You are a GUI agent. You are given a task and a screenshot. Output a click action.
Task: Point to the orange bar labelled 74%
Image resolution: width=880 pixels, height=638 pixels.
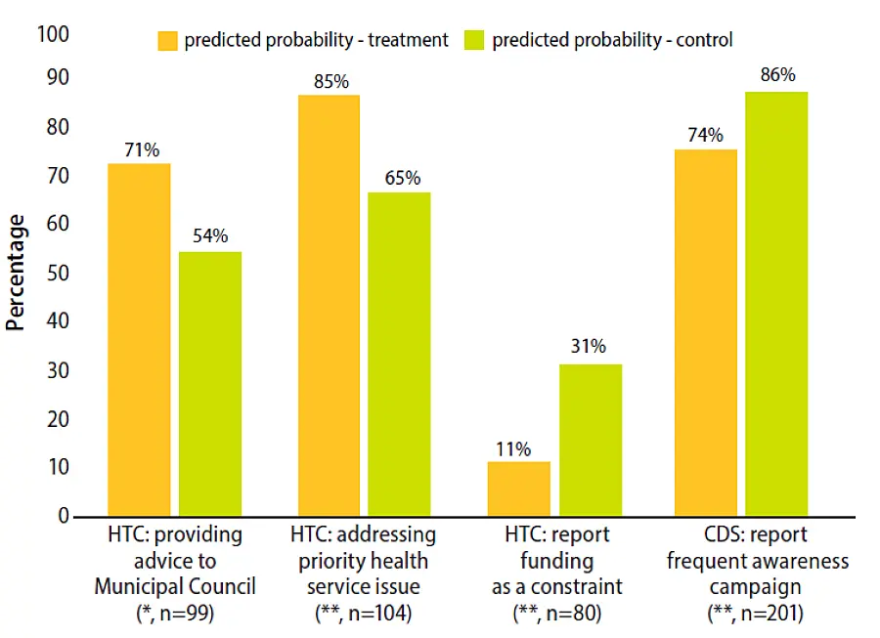706,332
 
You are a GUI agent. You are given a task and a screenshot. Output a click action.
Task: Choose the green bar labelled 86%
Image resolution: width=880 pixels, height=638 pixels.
776,303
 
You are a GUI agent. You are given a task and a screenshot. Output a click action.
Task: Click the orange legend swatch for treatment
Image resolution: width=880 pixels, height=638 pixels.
168,40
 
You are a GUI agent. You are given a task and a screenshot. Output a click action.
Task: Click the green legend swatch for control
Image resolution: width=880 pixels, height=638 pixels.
476,40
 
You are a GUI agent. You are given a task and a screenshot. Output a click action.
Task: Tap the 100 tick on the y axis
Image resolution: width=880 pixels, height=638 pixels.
54,34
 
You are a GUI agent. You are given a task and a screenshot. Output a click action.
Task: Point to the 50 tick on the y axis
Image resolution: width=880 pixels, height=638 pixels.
60,274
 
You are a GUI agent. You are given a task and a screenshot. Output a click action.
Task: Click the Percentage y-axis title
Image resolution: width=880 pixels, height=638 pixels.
16,274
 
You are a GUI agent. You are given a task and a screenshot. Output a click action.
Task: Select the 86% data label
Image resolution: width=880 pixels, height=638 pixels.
777,74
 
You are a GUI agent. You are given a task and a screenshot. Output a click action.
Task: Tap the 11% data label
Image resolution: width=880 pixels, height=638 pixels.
512,448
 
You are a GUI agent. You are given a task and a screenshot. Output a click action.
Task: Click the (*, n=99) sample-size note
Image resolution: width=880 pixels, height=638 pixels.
175,613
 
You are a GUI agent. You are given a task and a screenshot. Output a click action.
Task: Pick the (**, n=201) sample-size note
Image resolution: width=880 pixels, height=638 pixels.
757,613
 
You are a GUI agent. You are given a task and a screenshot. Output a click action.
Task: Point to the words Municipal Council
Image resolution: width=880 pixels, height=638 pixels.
175,586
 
